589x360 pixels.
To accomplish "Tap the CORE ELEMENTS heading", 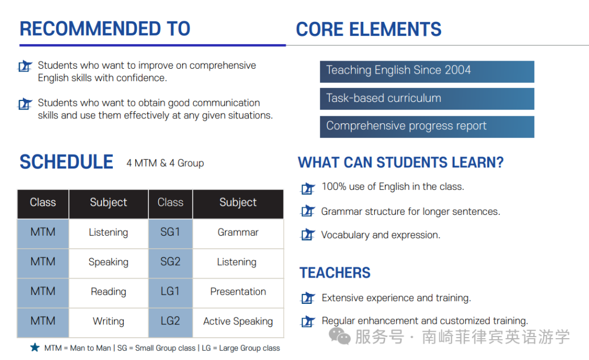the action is pos(369,29).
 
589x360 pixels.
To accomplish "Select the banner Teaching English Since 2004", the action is pos(427,71).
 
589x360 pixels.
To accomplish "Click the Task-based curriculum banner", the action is pos(427,99).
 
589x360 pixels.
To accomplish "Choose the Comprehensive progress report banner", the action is pos(427,127).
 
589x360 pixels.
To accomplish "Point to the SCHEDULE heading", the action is pos(66,162).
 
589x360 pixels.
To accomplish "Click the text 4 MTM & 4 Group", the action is pos(165,163).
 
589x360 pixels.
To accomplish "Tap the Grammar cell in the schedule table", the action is pos(238,233).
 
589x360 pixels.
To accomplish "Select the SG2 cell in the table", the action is pos(171,263).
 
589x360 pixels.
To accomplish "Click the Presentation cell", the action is pos(238,293).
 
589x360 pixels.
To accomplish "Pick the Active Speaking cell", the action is pos(238,322).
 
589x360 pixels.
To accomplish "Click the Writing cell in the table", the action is pos(109,322).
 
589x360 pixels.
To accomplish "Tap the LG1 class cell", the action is pos(171,293).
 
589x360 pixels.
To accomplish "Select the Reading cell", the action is pos(109,293).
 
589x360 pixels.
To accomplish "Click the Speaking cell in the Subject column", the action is pos(109,263).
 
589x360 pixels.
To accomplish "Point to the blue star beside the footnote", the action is pos(35,347).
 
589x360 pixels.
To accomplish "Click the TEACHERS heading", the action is pos(335,273).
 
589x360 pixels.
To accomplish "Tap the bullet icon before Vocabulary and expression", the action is pos(308,235).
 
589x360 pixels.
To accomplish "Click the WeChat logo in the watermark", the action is pos(340,335).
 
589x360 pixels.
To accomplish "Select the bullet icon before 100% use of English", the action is pos(308,188).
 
